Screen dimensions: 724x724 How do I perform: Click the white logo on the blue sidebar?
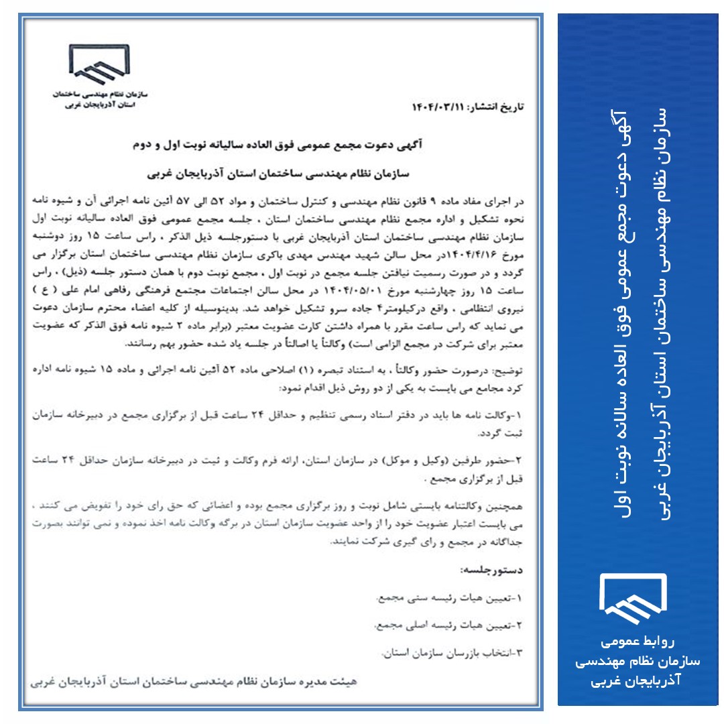(632, 597)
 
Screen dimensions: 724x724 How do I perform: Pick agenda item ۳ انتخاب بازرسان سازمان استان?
(456, 652)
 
